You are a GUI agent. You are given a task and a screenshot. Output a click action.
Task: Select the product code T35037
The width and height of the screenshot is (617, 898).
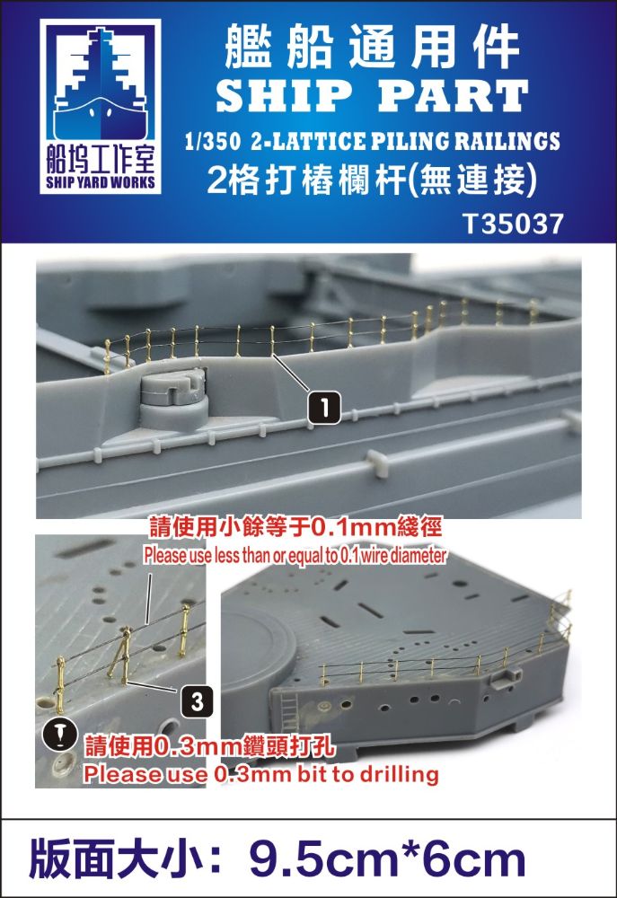[x=514, y=224]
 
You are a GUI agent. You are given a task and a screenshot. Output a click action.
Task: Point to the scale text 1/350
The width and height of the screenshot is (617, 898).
[x=213, y=142]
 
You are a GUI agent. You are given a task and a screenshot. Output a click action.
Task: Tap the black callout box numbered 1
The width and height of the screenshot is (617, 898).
[x=324, y=409]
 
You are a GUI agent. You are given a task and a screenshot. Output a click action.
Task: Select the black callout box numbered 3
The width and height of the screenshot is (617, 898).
[x=197, y=701]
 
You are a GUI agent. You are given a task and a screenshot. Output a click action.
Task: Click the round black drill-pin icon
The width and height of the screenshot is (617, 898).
[x=61, y=735]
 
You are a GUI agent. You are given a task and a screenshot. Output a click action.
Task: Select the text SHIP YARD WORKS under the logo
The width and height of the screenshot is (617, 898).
[x=101, y=182]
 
